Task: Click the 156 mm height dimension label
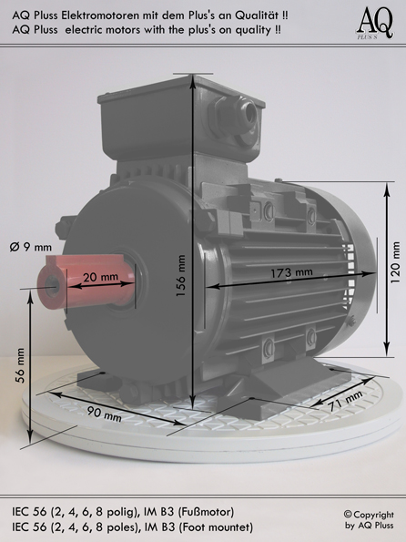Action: tap(181, 275)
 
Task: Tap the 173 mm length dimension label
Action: tap(291, 273)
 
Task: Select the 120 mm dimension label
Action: tap(395, 262)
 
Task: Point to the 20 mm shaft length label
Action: tap(100, 277)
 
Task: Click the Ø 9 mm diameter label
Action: tap(30, 247)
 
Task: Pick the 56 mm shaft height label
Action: tap(20, 365)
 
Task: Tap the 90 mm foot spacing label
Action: tap(104, 414)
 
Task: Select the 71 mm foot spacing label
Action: tap(346, 401)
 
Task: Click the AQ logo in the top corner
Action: tap(375, 23)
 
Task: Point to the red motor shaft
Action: tap(86, 281)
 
